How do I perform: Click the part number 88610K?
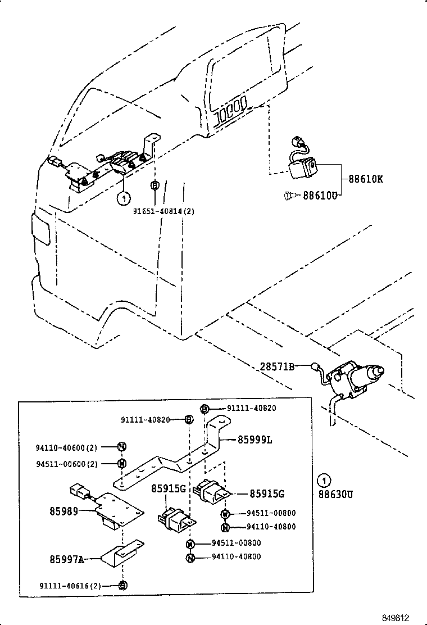click(366, 180)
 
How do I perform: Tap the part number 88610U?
click(321, 196)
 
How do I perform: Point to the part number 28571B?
click(277, 366)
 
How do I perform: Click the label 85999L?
click(255, 440)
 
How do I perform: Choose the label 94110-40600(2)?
click(67, 447)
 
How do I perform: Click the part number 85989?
click(65, 511)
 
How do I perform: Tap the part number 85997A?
click(67, 559)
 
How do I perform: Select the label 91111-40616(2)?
click(70, 585)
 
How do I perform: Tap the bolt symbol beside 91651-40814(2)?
click(155, 185)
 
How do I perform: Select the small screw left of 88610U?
click(288, 196)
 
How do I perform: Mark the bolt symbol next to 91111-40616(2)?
click(123, 585)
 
